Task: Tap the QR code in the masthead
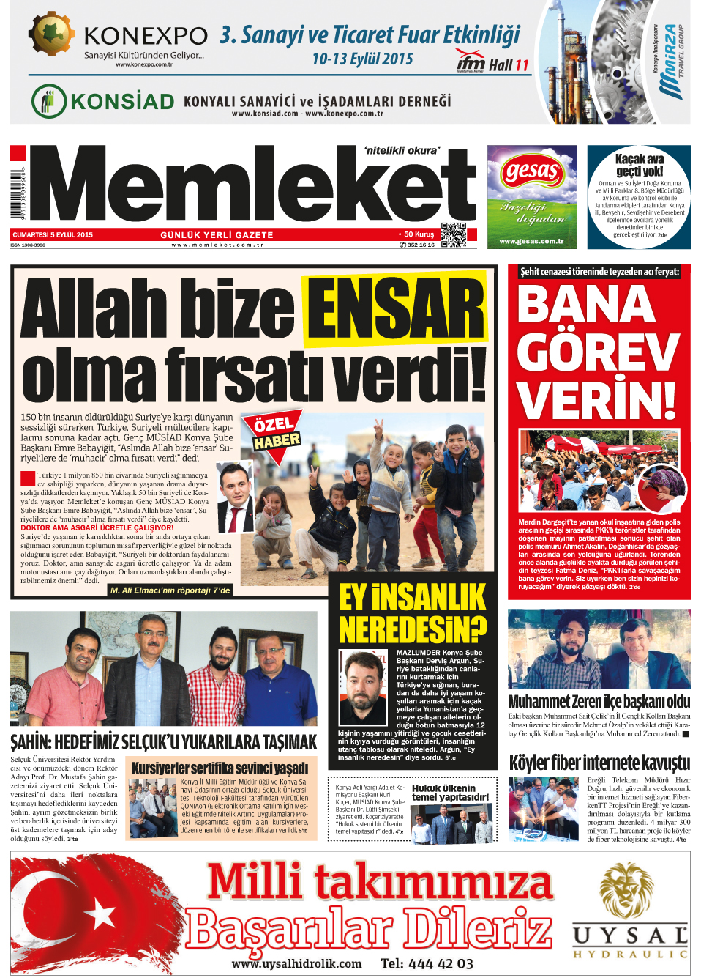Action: pos(454,234)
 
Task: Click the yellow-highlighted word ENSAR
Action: pos(395,311)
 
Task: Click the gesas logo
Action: pos(532,174)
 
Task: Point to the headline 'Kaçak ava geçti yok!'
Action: pos(639,165)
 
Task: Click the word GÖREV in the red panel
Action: pos(598,352)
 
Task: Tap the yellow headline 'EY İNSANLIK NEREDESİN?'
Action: pos(412,613)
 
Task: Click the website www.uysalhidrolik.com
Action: pos(296,963)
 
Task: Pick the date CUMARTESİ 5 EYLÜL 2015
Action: pos(53,235)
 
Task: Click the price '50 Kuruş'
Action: pos(418,234)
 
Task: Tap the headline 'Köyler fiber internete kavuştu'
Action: pos(599,763)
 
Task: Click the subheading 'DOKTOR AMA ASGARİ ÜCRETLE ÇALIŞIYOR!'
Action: pos(97,527)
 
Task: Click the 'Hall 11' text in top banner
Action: pos(508,66)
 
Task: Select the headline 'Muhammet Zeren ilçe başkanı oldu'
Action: pos(599,701)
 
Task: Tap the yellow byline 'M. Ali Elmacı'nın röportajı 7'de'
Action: pos(170,590)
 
